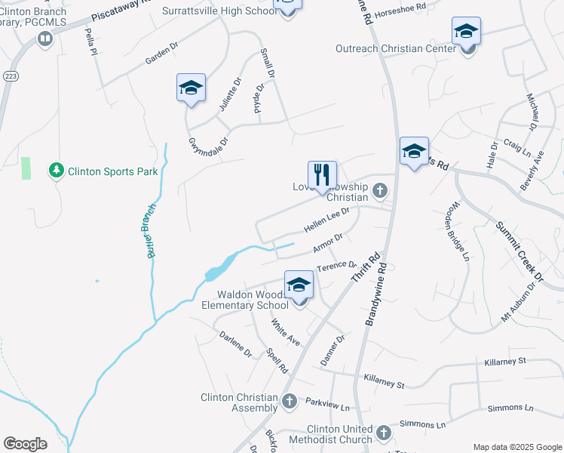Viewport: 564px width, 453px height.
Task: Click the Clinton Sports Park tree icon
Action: tap(56, 171)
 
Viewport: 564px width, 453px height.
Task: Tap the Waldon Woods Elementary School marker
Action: tap(299, 286)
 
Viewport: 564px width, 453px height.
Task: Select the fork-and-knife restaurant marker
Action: tap(323, 175)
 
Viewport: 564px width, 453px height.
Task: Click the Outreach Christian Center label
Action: tap(396, 49)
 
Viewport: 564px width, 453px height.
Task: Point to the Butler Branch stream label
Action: tap(152, 231)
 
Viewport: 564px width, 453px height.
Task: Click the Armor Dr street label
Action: tap(328, 243)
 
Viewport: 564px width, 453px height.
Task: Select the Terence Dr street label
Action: tap(336, 265)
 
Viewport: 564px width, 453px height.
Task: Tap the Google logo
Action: tap(24, 444)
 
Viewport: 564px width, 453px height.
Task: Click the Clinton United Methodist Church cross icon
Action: tap(383, 433)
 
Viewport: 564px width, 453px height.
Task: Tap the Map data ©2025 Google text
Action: tap(516, 446)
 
